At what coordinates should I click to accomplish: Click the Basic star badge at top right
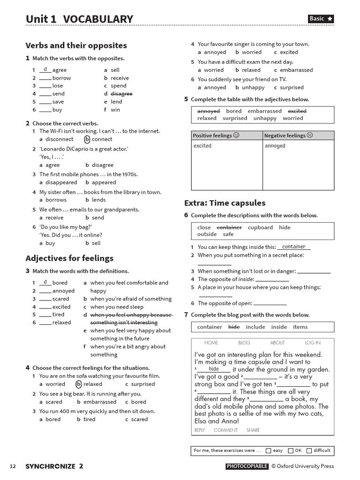click(x=321, y=19)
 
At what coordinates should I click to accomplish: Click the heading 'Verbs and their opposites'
click(x=76, y=45)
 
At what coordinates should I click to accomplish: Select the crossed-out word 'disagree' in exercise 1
click(x=121, y=94)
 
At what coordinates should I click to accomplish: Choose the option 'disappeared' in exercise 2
click(x=61, y=182)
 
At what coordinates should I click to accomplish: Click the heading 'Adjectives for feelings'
click(x=69, y=258)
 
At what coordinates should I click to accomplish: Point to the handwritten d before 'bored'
click(x=45, y=282)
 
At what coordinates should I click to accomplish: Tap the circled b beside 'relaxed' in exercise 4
click(x=79, y=384)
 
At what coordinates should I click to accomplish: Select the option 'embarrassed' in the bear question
click(x=100, y=402)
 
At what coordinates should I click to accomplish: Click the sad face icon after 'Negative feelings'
click(x=310, y=135)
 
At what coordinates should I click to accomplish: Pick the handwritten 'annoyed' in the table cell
click(x=275, y=146)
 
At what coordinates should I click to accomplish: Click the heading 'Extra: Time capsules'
click(x=225, y=203)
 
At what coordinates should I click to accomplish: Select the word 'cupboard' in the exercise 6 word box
click(x=260, y=227)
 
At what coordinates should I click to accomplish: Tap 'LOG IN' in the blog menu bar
click(x=313, y=343)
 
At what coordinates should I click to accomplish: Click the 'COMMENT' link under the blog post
click(x=226, y=430)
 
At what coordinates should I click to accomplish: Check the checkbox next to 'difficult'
click(x=309, y=450)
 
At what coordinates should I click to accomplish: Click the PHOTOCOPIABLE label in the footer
click(x=247, y=466)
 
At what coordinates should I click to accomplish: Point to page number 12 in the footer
click(x=13, y=466)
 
